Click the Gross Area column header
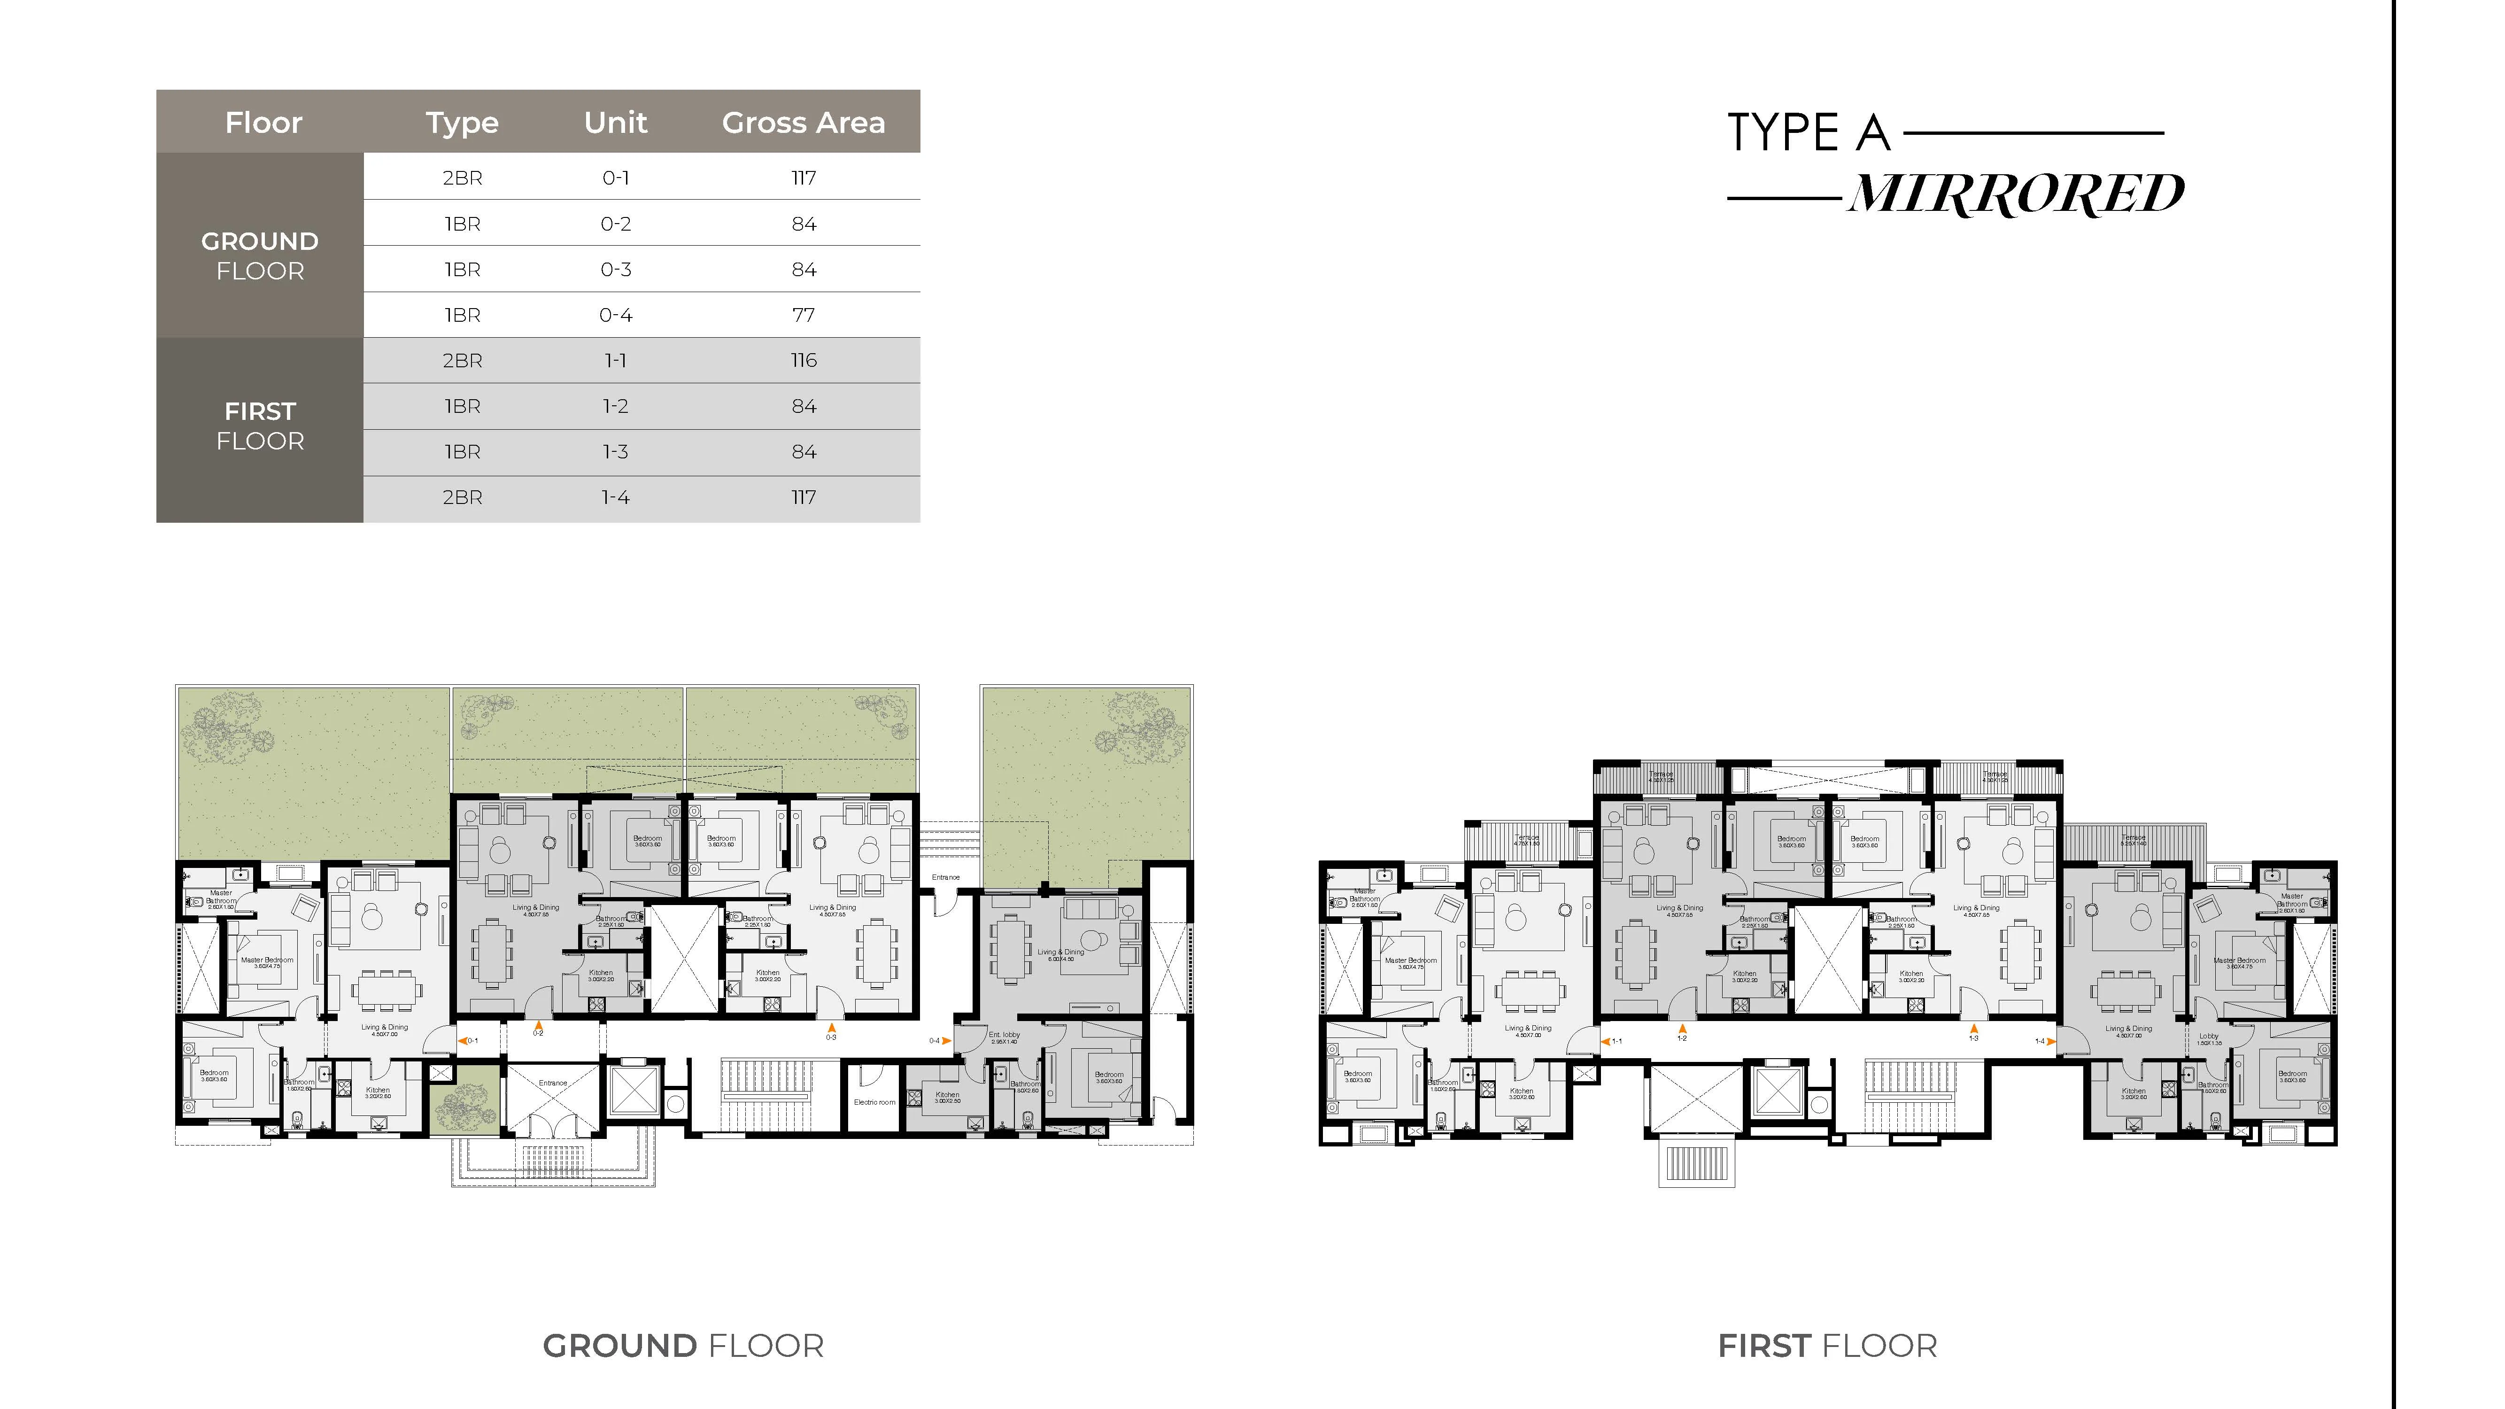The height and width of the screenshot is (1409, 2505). [803, 123]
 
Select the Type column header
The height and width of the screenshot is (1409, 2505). [462, 123]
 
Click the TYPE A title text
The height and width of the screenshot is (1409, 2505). [1809, 133]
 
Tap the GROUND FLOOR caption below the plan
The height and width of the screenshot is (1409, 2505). [683, 1346]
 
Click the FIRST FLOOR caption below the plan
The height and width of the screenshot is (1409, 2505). [1827, 1346]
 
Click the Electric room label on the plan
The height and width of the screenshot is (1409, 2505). [874, 1102]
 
